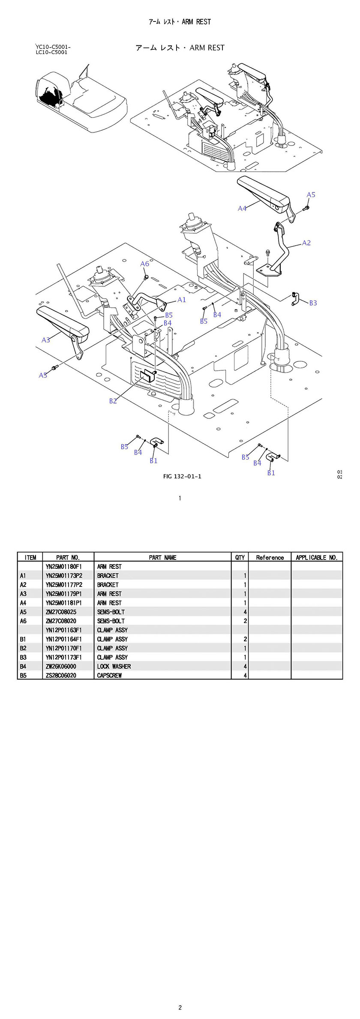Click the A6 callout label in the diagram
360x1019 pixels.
(144, 264)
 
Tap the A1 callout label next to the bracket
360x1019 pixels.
(182, 300)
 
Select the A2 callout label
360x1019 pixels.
(306, 243)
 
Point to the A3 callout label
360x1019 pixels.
(46, 340)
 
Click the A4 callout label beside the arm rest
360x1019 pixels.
(242, 208)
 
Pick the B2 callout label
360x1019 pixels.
(113, 401)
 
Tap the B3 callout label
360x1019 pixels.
(313, 303)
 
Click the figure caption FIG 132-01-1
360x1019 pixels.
(182, 476)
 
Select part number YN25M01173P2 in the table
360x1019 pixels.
(64, 575)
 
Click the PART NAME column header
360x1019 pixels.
(162, 557)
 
